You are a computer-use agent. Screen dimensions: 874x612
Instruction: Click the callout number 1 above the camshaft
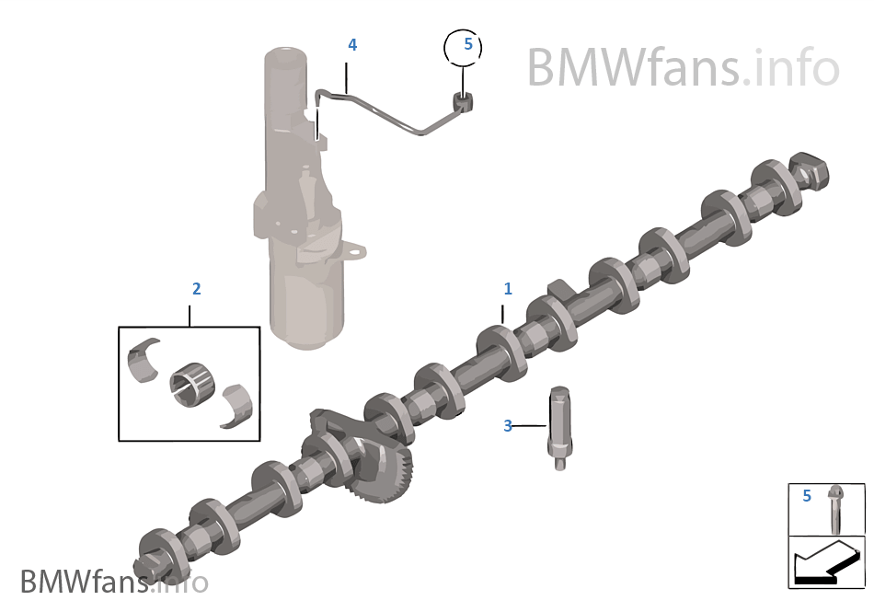coord(507,289)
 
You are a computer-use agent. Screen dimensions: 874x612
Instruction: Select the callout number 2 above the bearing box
coord(196,289)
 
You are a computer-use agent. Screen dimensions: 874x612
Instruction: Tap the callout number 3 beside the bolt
coord(507,426)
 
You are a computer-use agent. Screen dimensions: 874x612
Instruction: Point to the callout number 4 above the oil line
coord(352,44)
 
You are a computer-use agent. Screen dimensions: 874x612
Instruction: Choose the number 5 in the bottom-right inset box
coord(807,495)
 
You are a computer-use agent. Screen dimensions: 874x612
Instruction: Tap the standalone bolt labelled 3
coord(559,428)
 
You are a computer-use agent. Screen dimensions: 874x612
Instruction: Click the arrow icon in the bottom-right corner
coord(826,564)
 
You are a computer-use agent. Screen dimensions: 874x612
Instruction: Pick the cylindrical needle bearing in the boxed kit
coord(192,385)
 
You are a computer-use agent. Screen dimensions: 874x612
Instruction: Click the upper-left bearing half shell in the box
coord(144,360)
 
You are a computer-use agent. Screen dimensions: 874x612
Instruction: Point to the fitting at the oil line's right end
coord(463,101)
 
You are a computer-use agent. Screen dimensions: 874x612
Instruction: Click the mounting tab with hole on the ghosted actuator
coord(352,249)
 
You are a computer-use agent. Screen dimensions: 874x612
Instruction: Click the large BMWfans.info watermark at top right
coord(684,67)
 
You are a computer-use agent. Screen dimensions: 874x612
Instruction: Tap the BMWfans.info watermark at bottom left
coord(114,582)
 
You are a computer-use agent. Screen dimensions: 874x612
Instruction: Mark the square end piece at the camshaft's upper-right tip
coord(810,169)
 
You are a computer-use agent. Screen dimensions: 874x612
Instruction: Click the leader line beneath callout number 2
coord(190,316)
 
